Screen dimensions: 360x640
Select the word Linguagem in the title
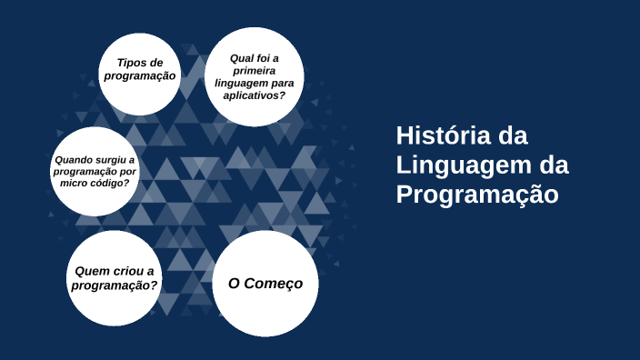pos(463,165)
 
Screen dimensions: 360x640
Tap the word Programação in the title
pos(475,195)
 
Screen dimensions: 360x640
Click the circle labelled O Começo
pos(265,284)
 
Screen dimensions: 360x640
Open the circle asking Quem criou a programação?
pos(115,279)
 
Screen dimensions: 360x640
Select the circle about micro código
pos(95,172)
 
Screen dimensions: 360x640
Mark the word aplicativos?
pos(255,95)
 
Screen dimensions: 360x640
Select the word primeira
pos(255,71)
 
